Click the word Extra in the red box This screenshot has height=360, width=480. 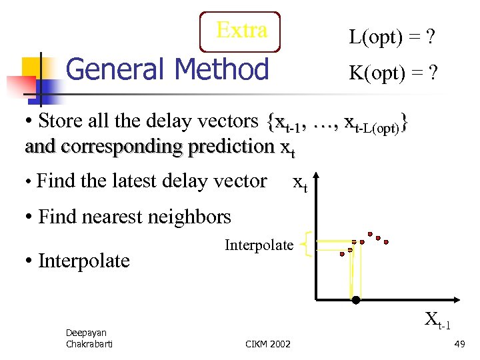point(241,30)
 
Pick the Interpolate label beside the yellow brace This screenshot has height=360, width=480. point(259,245)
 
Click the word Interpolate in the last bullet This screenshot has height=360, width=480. point(84,260)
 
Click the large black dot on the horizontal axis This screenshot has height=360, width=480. point(356,300)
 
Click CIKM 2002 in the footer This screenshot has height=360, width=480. point(268,343)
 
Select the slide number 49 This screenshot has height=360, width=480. point(459,343)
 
